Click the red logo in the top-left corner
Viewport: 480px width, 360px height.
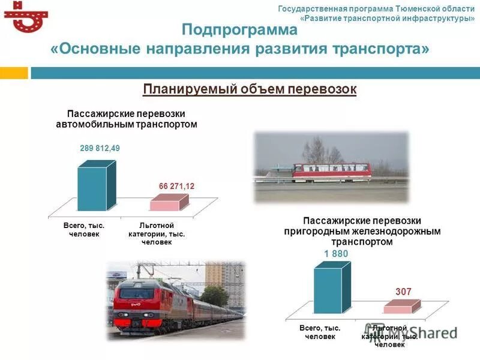25,17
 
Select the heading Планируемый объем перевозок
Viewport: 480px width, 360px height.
250,89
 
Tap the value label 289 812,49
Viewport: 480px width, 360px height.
100,148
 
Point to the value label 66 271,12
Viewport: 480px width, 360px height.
177,187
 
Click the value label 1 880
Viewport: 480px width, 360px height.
336,254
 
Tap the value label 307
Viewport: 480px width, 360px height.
403,292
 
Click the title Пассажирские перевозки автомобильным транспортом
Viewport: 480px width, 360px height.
126,119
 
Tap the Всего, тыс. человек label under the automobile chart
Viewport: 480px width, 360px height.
84,230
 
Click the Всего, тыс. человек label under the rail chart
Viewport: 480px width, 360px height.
320,332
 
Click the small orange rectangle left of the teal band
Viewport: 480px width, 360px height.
14,73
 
